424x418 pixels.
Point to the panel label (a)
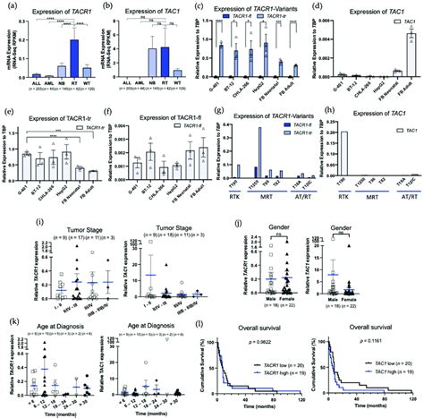[x=9, y=6]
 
